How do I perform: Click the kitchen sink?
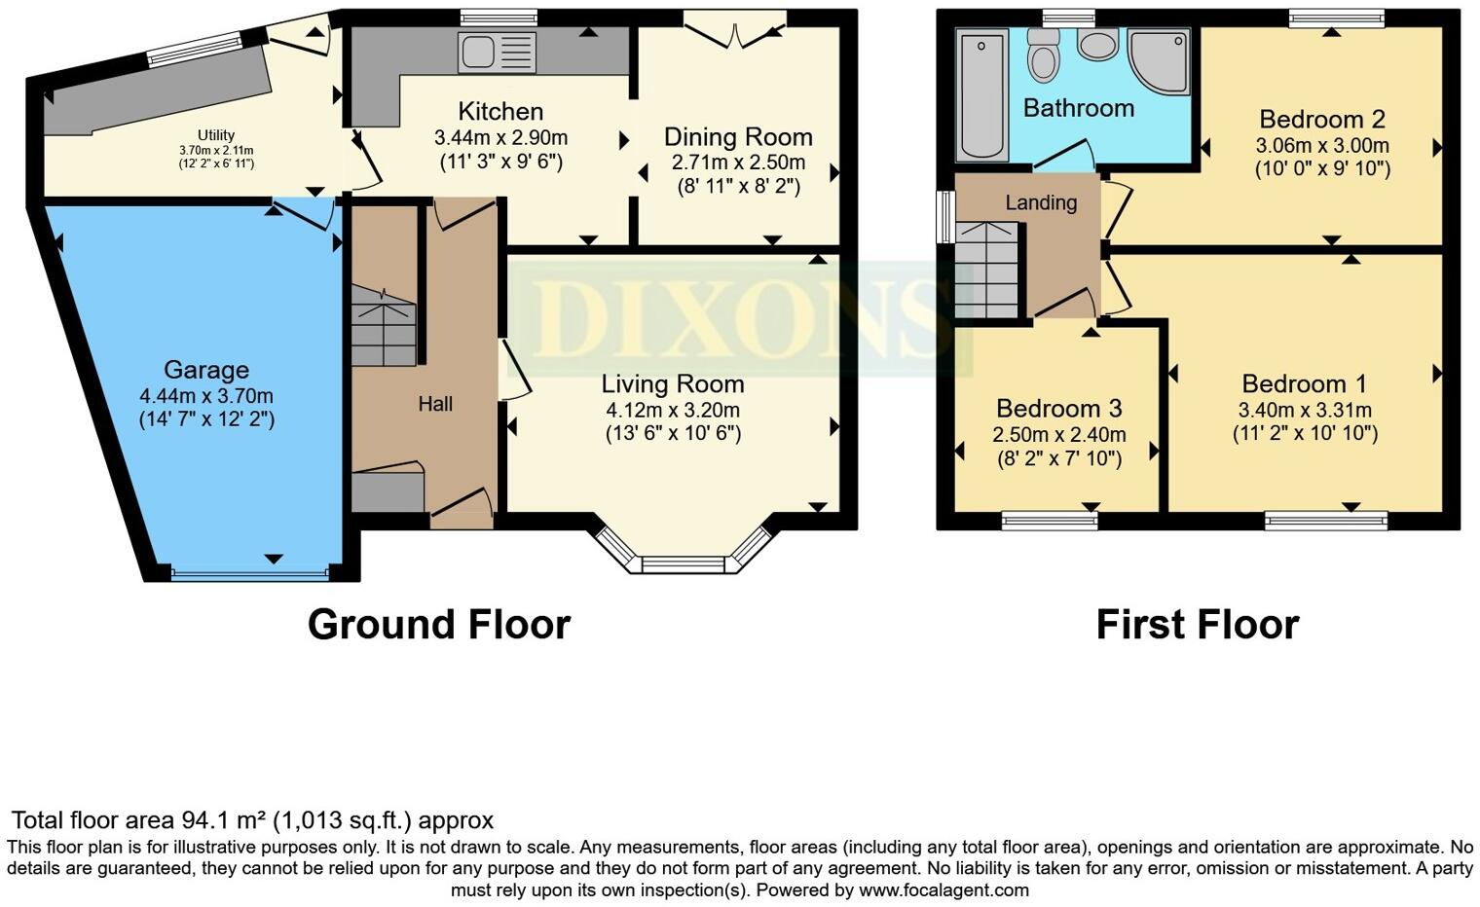(x=497, y=53)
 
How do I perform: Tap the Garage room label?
(x=206, y=369)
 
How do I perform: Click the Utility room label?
(x=216, y=135)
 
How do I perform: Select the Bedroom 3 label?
(x=1058, y=409)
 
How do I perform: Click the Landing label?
(x=1041, y=202)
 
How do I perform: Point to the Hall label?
(x=435, y=404)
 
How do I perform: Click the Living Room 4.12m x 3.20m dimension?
(x=673, y=410)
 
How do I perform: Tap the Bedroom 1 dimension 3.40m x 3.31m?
(x=1305, y=410)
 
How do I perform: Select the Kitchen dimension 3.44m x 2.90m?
(x=500, y=137)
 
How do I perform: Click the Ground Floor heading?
(x=439, y=624)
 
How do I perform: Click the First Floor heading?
(x=1198, y=624)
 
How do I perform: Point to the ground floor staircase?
(x=384, y=326)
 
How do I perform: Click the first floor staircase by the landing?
(x=987, y=271)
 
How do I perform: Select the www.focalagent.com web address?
(x=943, y=889)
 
